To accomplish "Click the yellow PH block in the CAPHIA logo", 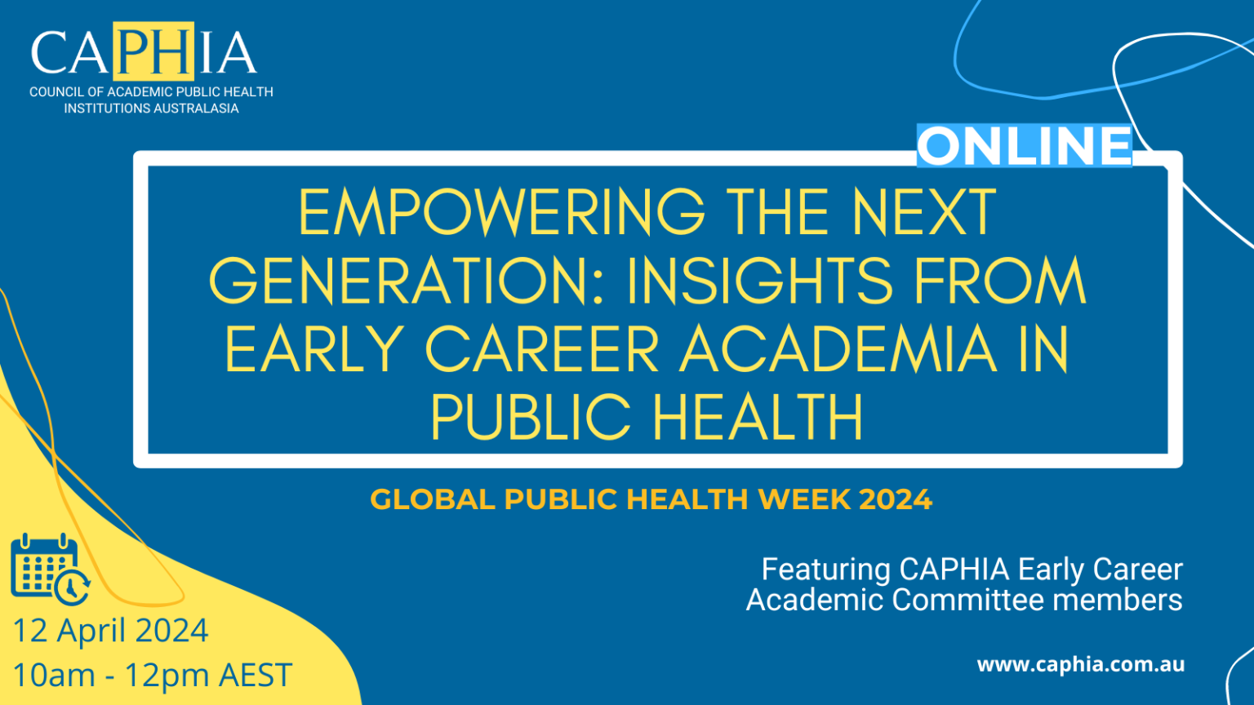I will pyautogui.click(x=153, y=51).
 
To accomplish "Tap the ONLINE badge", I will pyautogui.click(x=1024, y=146).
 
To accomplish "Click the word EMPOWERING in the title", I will pyautogui.click(x=501, y=213).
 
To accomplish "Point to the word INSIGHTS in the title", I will pyautogui.click(x=759, y=282).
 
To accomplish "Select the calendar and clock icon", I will pyautogui.click(x=49, y=570).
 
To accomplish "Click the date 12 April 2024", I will pyautogui.click(x=110, y=631).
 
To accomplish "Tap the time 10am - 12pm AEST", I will pyautogui.click(x=152, y=675).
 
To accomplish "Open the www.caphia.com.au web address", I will pyautogui.click(x=1080, y=664).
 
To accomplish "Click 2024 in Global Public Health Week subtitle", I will pyautogui.click(x=895, y=499).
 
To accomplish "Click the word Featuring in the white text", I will pyautogui.click(x=825, y=570).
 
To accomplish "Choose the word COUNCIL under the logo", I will pyautogui.click(x=56, y=92).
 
